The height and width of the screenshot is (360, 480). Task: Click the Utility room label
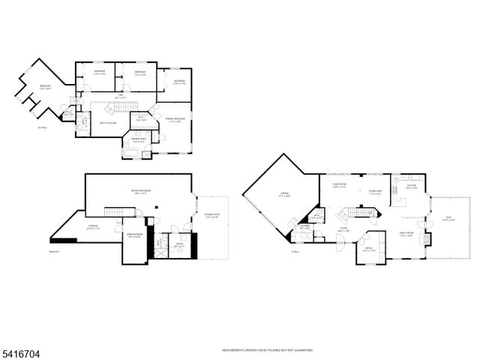tap(180, 244)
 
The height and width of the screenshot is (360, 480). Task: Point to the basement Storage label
tap(93, 228)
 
